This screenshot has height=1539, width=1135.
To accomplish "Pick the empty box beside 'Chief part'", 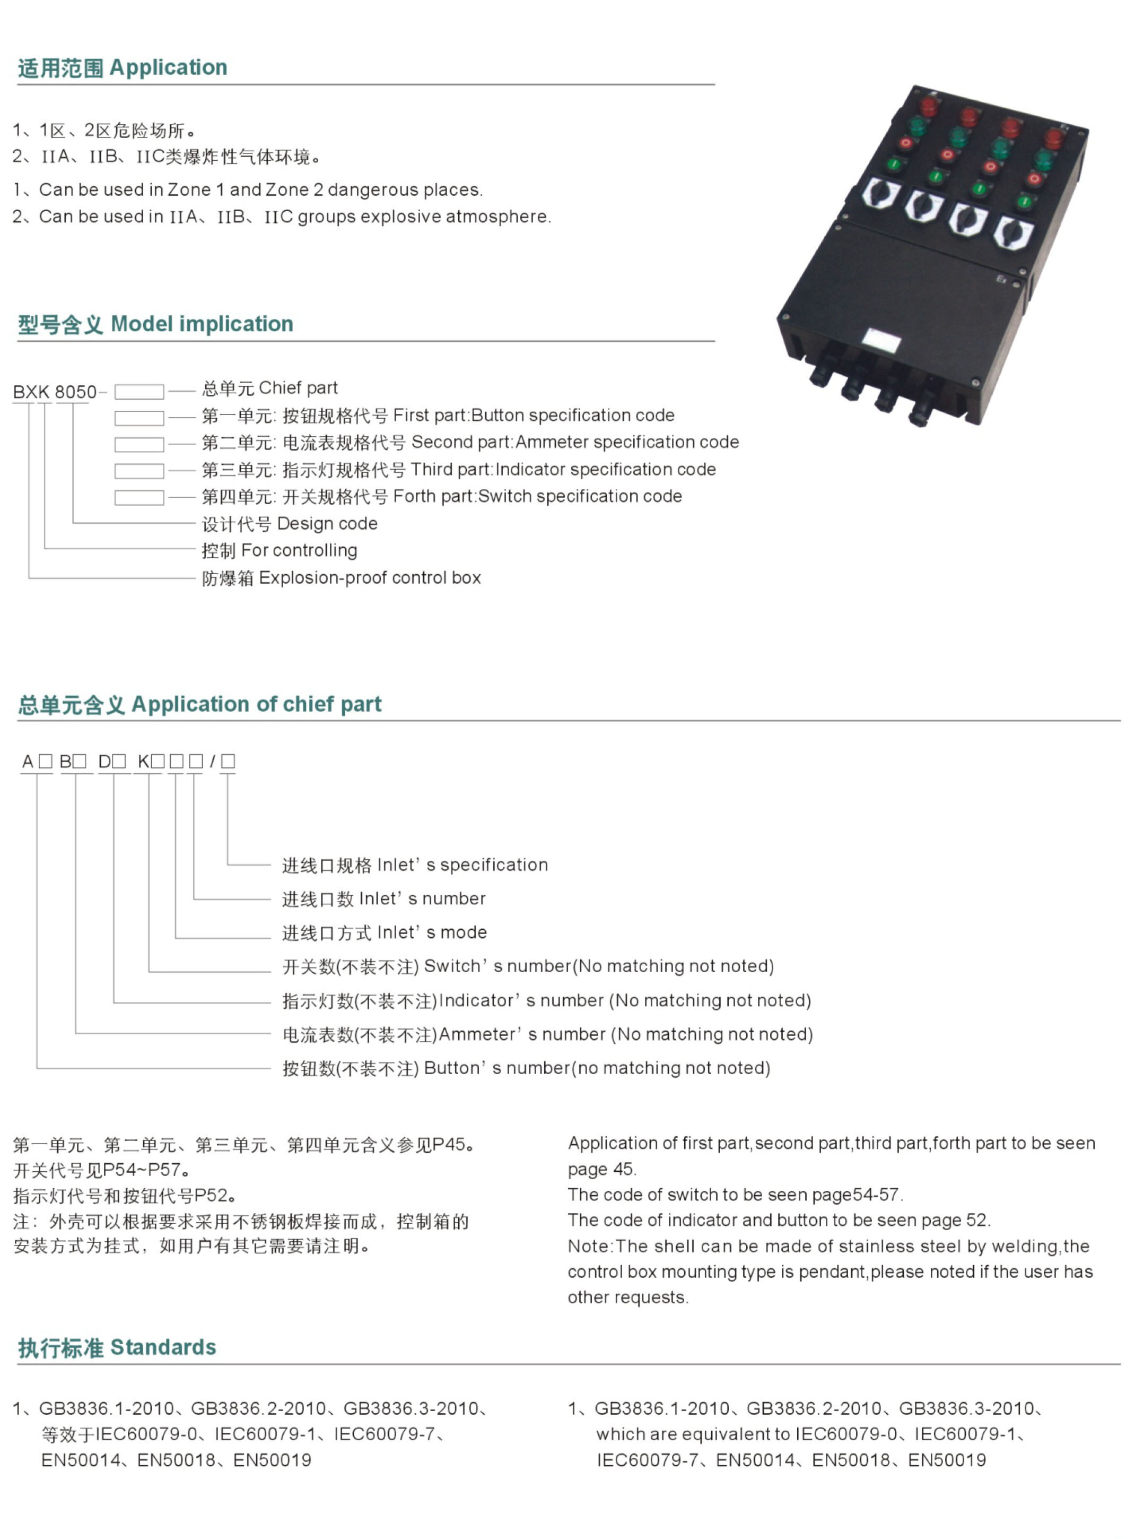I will tap(139, 392).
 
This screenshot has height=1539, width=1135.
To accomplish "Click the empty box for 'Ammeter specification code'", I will tap(139, 444).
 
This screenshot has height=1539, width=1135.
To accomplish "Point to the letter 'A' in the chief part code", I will tap(28, 761).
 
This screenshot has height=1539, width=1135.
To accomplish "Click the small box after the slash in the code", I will tap(228, 761).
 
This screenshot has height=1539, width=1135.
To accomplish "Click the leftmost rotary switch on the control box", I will tap(881, 195).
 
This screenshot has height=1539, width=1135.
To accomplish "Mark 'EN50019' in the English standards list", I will tap(947, 1460).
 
